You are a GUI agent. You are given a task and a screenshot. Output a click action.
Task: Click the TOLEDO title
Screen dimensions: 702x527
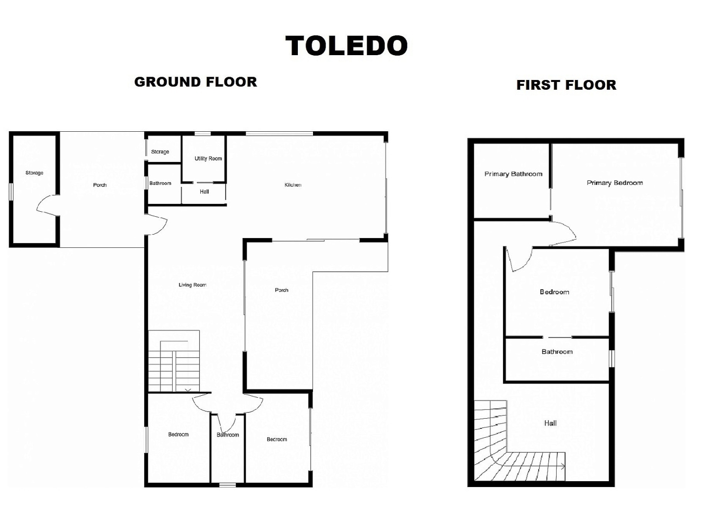click(x=347, y=45)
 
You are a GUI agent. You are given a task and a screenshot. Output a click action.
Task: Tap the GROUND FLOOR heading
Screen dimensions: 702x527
click(x=195, y=82)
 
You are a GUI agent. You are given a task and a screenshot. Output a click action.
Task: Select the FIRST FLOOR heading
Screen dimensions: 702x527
click(x=566, y=85)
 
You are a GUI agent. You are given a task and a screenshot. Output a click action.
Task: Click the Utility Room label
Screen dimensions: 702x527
click(x=208, y=159)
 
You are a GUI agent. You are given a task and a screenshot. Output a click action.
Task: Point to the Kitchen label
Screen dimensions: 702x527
click(x=293, y=184)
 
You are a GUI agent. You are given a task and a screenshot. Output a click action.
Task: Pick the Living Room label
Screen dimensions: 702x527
click(x=193, y=285)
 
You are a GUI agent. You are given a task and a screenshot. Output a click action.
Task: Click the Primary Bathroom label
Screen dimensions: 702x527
click(x=513, y=174)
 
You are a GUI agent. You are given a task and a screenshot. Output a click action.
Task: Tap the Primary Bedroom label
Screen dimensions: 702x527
click(x=615, y=183)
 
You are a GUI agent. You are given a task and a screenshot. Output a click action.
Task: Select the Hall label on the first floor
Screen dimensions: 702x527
click(x=550, y=424)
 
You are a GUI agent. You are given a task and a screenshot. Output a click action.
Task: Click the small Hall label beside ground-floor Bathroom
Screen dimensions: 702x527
click(x=204, y=192)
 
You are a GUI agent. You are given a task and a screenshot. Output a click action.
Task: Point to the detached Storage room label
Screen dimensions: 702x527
click(x=34, y=173)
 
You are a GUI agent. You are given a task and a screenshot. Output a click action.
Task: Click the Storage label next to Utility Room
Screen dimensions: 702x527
click(x=160, y=152)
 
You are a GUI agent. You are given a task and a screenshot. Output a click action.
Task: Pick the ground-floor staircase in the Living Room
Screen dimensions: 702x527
click(x=174, y=361)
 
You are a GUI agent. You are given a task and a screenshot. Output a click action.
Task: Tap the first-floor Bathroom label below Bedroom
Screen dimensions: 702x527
click(x=557, y=352)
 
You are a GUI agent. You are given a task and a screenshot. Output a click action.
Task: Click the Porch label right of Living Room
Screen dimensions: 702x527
click(x=281, y=290)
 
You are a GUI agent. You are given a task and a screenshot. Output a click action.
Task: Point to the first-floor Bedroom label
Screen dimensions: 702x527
click(x=554, y=292)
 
